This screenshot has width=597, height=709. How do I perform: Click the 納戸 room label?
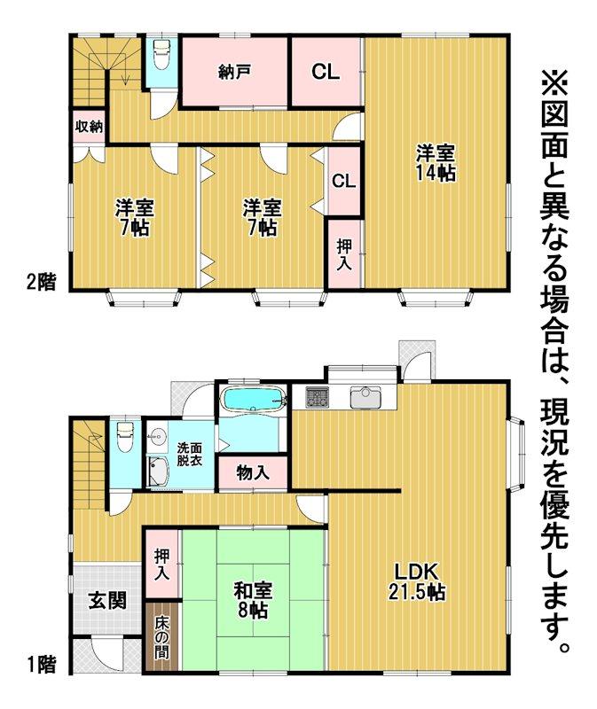(234, 73)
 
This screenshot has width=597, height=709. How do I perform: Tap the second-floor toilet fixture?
(161, 54)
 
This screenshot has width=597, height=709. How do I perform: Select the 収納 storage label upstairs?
(90, 127)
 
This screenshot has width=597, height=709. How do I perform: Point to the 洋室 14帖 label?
(436, 163)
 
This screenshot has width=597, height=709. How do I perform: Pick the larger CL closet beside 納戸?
(326, 72)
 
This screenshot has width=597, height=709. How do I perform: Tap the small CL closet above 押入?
(344, 181)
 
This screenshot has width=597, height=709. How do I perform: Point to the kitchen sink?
(365, 397)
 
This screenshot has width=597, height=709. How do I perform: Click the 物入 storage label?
(253, 473)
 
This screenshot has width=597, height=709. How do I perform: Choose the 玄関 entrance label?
(107, 601)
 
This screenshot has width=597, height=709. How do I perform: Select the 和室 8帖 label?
(253, 600)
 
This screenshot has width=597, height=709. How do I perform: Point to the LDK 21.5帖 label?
(416, 582)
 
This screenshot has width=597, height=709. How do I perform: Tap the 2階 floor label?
(41, 283)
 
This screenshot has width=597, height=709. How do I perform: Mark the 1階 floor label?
(41, 666)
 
